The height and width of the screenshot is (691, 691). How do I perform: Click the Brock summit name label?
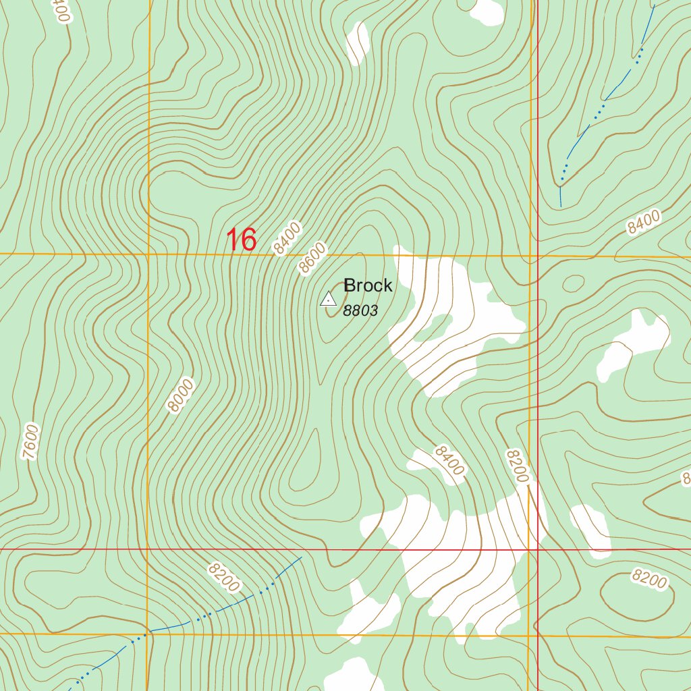click(368, 285)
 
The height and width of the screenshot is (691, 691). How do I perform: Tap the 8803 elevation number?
click(360, 311)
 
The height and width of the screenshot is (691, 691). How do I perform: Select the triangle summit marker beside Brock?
click(328, 298)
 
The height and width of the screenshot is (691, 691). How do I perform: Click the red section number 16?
click(241, 240)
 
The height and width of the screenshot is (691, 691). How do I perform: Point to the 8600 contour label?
click(313, 258)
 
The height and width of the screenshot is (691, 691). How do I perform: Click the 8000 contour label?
click(182, 395)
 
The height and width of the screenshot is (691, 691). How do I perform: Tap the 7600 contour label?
click(30, 442)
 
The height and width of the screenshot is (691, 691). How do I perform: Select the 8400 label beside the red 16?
click(287, 239)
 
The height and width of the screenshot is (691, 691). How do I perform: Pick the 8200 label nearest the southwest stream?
click(223, 578)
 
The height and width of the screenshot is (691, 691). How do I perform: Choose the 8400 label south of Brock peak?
click(449, 460)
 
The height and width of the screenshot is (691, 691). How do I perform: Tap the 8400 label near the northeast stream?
click(643, 222)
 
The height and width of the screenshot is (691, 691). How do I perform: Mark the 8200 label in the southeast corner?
click(649, 578)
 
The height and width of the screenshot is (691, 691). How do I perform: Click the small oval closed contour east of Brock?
click(573, 283)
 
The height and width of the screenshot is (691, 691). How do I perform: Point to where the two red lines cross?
click(538, 549)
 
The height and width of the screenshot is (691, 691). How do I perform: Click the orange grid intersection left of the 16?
click(148, 254)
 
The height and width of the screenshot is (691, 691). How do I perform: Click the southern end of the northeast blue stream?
click(560, 204)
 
